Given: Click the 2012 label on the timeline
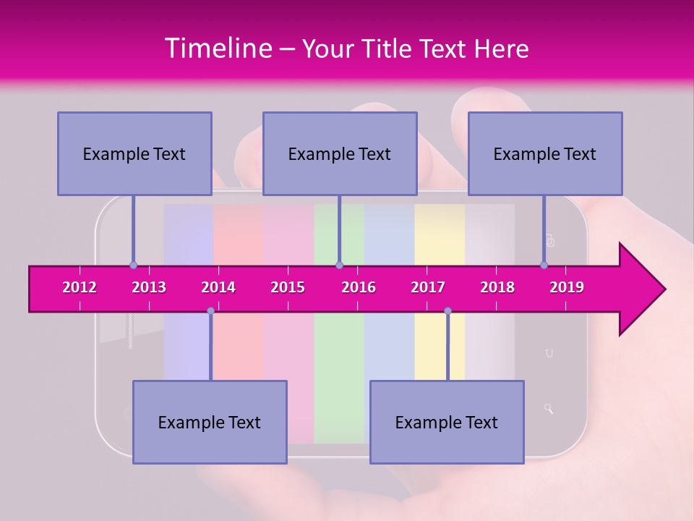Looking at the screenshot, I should tap(80, 287).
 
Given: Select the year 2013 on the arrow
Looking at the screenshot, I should tap(149, 287).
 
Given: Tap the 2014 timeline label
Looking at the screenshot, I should tap(218, 287).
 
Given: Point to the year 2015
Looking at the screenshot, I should tap(288, 287).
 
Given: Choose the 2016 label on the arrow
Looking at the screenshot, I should tap(359, 287).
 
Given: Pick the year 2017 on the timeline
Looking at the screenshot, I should tap(428, 287).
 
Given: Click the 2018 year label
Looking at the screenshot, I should tap(497, 287).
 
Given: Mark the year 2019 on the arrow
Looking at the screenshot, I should tap(567, 287).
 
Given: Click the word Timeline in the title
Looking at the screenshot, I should tap(218, 48).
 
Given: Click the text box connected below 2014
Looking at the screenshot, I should tap(210, 422).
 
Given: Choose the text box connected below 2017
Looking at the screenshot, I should tap(447, 422).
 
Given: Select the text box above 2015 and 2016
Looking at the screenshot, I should tap(340, 153).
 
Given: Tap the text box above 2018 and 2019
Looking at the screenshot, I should tap(545, 153).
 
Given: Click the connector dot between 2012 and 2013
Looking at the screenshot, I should tap(133, 265).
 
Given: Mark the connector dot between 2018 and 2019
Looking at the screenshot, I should tap(544, 265).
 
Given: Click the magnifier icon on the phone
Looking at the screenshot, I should tap(549, 409).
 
